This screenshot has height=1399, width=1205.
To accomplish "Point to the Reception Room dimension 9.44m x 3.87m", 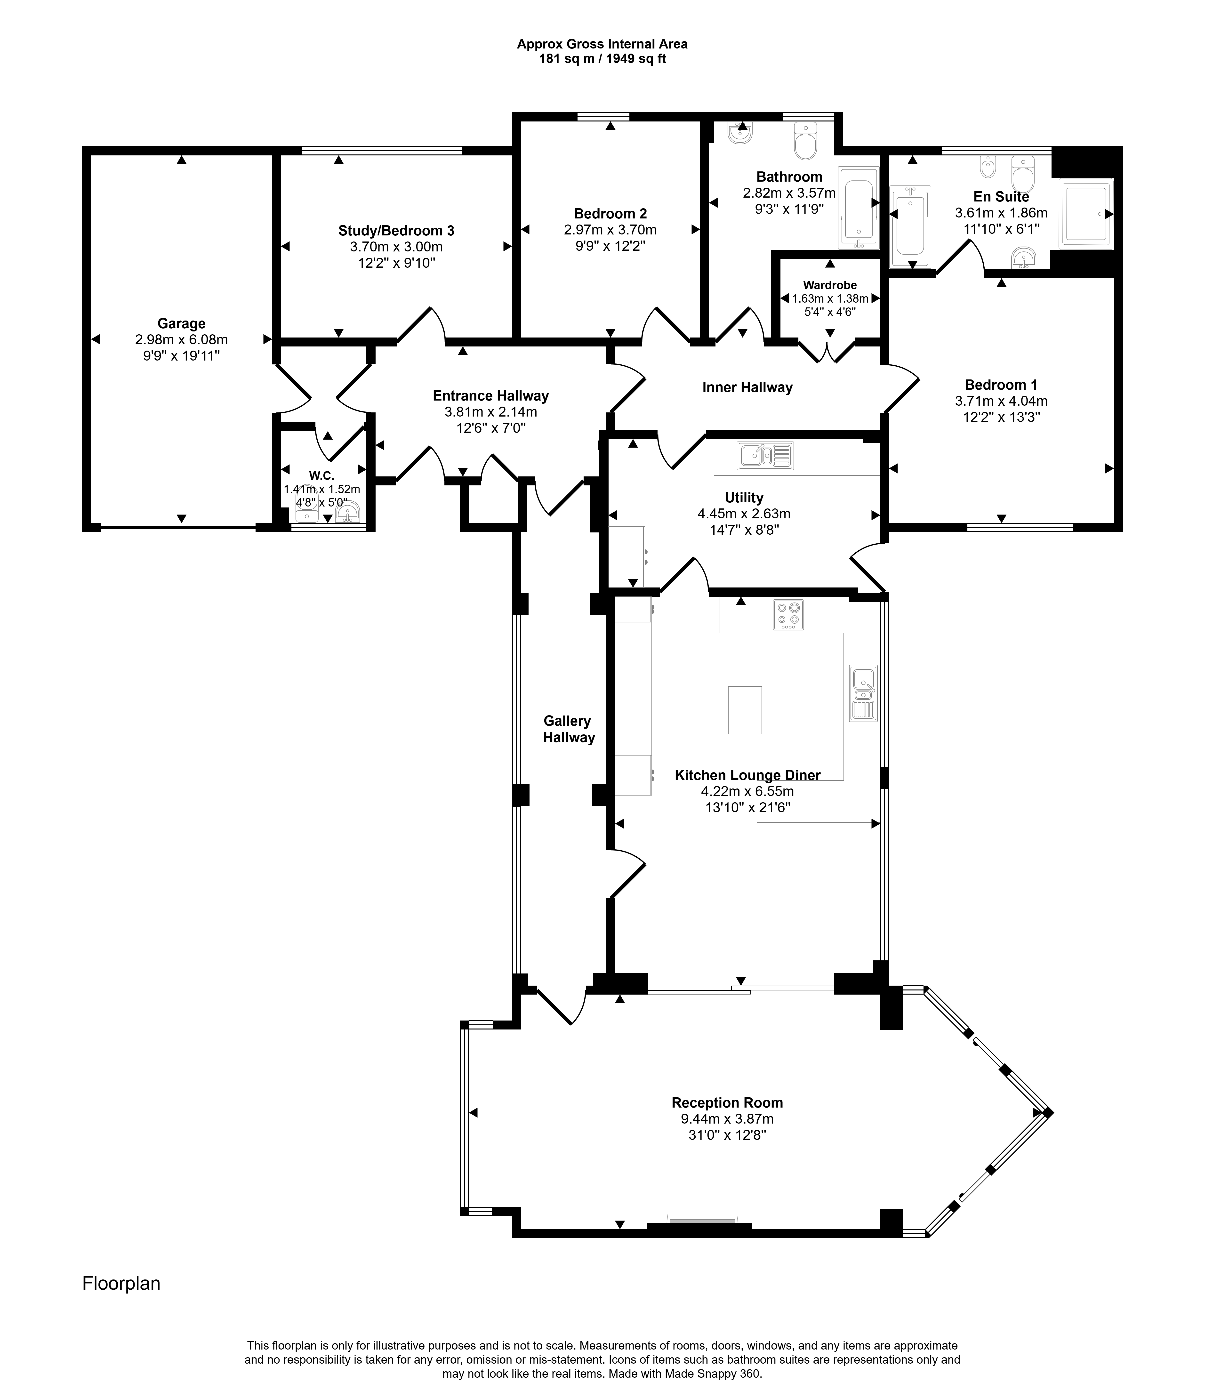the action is (x=727, y=1119).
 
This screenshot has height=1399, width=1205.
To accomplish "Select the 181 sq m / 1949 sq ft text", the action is (x=602, y=59).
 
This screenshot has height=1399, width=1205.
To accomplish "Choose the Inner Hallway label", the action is (x=747, y=387).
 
